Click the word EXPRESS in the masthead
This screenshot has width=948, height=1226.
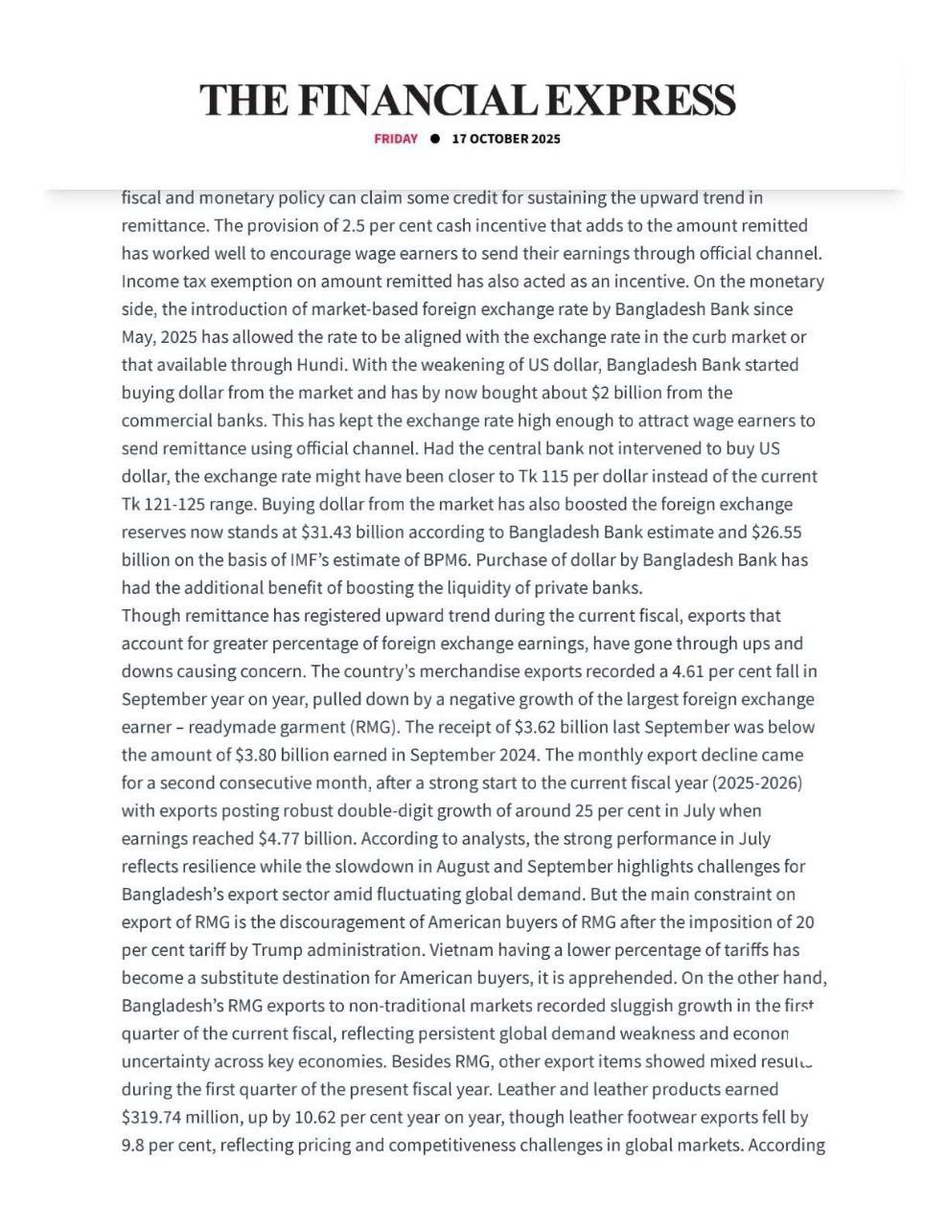click(646, 101)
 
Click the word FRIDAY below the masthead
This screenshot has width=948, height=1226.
click(396, 139)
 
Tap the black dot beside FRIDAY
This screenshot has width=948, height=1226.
click(435, 139)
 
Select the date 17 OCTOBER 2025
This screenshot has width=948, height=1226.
click(506, 139)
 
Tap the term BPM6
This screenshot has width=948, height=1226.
click(444, 559)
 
